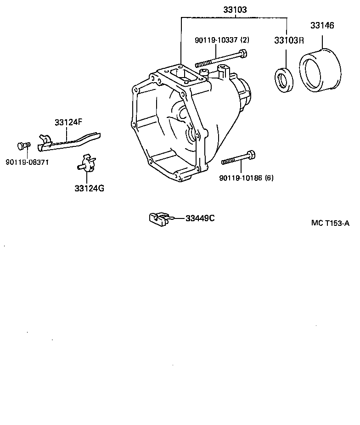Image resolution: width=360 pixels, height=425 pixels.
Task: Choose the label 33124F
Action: (x=68, y=123)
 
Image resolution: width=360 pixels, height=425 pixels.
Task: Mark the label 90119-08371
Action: (x=28, y=162)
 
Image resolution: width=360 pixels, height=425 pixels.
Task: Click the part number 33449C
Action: (x=200, y=218)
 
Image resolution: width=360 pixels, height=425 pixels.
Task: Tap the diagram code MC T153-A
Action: (x=330, y=224)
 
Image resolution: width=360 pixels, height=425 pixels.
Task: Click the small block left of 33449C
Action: (x=158, y=219)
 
